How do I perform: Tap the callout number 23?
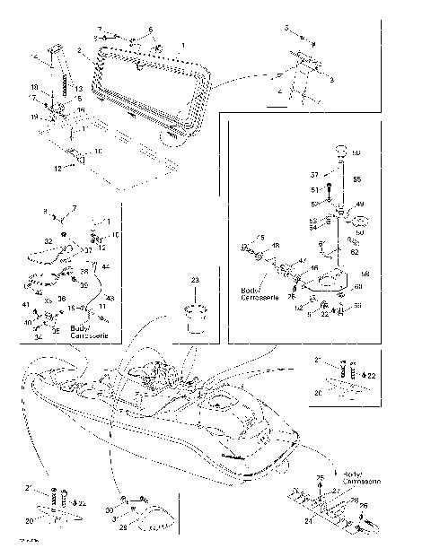194,281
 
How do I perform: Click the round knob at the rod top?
341,151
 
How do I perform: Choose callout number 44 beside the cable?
106,266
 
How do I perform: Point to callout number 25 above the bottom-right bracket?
320,477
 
